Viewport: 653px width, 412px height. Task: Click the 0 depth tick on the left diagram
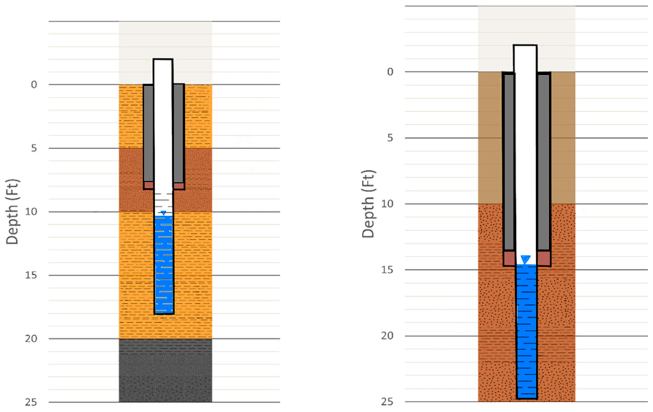pyautogui.click(x=34, y=85)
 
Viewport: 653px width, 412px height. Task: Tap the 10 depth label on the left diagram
pyautogui.click(x=31, y=212)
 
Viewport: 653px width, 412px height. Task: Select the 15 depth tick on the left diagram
pyautogui.click(x=31, y=275)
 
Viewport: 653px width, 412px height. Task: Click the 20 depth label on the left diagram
pyautogui.click(x=31, y=339)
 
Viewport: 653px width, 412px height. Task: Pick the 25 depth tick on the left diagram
pyautogui.click(x=31, y=402)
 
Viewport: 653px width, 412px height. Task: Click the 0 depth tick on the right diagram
pyautogui.click(x=390, y=72)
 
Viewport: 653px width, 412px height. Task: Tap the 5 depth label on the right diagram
pyautogui.click(x=390, y=138)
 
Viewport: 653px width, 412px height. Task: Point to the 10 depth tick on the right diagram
pyautogui.click(x=387, y=204)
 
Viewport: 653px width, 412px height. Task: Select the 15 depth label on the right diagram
pyautogui.click(x=387, y=270)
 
